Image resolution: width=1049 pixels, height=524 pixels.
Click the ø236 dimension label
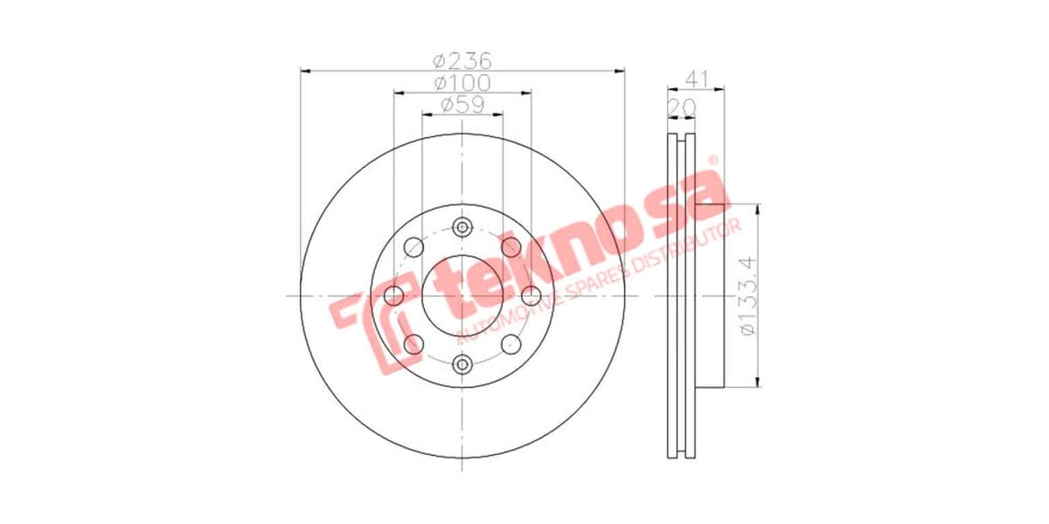tap(463, 61)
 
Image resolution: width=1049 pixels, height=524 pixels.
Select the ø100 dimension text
tap(463, 83)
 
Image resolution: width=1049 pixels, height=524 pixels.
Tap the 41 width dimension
tap(696, 79)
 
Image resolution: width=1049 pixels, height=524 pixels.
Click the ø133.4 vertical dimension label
tap(747, 295)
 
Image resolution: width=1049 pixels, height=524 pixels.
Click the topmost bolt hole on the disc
tap(462, 227)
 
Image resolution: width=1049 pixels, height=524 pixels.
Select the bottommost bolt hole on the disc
tap(462, 363)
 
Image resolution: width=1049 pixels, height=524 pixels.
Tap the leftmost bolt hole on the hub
tap(394, 295)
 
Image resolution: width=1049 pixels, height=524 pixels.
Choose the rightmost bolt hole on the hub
tap(531, 295)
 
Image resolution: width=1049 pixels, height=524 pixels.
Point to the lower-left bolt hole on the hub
tap(414, 343)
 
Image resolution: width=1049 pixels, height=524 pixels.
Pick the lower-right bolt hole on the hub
tap(511, 343)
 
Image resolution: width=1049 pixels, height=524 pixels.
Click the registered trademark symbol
tap(712, 161)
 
